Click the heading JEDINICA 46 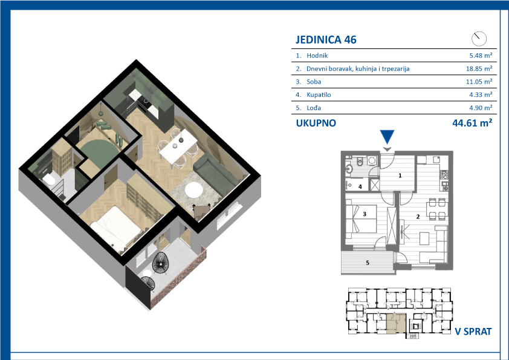click(326, 40)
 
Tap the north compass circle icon click(479, 39)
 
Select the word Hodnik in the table click(317, 56)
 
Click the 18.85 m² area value click(479, 68)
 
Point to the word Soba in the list click(314, 82)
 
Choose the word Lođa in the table click(314, 108)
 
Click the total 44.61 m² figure click(472, 123)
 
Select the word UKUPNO click(316, 123)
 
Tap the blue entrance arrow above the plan click(387, 137)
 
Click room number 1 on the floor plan click(400, 175)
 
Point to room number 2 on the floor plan click(418, 217)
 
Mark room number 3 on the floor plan click(365, 214)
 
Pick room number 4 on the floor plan click(360, 187)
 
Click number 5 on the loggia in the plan click(368, 263)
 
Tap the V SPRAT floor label click(473, 332)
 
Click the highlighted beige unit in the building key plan click(397, 324)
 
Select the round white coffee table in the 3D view click(194, 190)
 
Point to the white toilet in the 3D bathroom click(50, 179)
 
